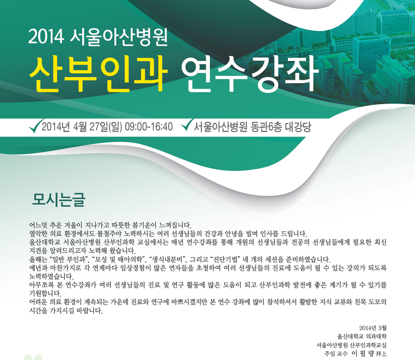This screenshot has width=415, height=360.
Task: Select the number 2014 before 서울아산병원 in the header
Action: tap(46, 36)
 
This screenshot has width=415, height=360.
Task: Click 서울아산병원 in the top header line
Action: tap(119, 36)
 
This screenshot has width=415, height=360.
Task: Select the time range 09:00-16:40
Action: tap(148, 127)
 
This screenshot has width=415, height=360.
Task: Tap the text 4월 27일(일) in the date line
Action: tap(97, 127)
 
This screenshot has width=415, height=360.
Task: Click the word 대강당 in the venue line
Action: tap(298, 127)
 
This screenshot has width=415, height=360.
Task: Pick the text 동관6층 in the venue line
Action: tap(266, 127)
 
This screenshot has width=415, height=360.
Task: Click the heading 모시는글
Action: tap(59, 199)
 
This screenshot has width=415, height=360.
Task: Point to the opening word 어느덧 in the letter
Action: tap(38, 225)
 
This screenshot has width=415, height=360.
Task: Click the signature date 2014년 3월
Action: tap(373, 328)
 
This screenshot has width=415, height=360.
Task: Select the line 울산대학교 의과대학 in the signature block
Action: tap(362, 336)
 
